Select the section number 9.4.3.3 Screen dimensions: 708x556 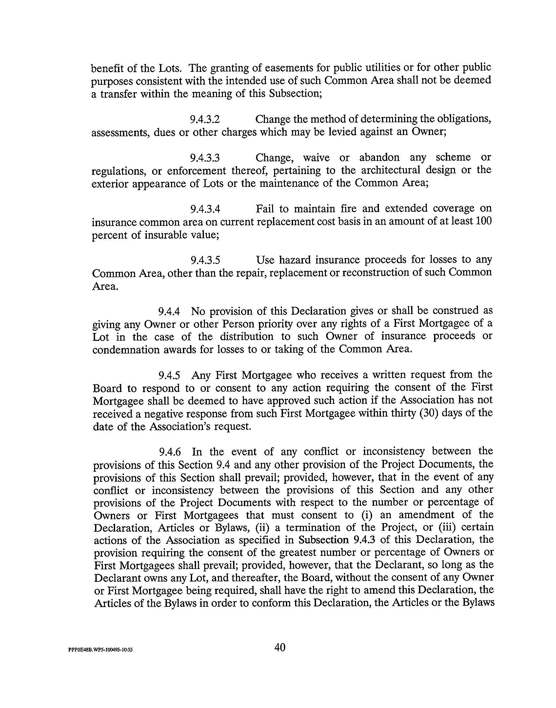[x=205, y=158]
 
